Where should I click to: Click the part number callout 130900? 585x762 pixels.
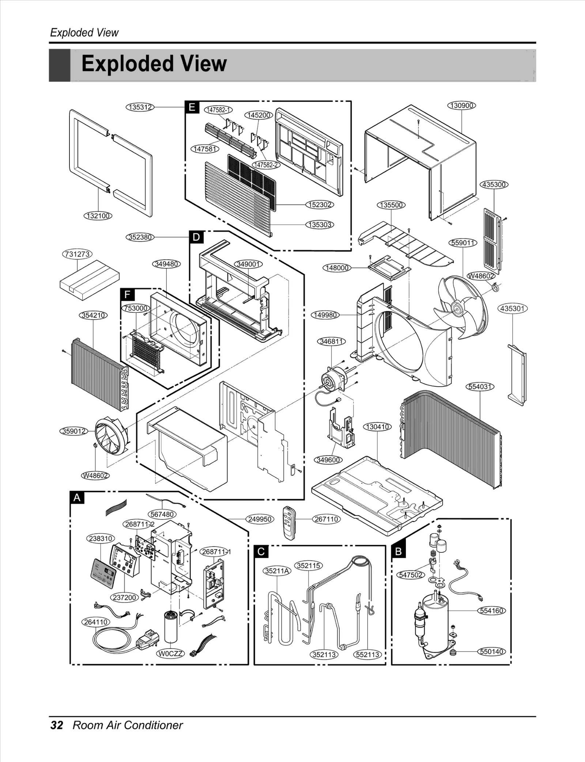(x=462, y=105)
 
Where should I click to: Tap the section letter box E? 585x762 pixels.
(x=192, y=107)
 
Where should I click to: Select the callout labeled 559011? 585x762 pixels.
(x=463, y=243)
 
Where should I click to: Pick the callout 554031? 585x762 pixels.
(x=480, y=387)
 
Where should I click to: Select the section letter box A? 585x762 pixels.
(x=77, y=498)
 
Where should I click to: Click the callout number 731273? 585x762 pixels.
(x=77, y=254)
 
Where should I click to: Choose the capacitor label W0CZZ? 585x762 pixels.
(x=171, y=654)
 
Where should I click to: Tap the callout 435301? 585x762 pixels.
(x=513, y=308)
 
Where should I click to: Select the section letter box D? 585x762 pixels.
(x=196, y=237)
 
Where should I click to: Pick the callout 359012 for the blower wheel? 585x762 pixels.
(x=74, y=431)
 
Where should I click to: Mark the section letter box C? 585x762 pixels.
(x=261, y=551)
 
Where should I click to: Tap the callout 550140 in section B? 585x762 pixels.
(x=491, y=652)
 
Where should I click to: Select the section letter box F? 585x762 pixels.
(x=127, y=294)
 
